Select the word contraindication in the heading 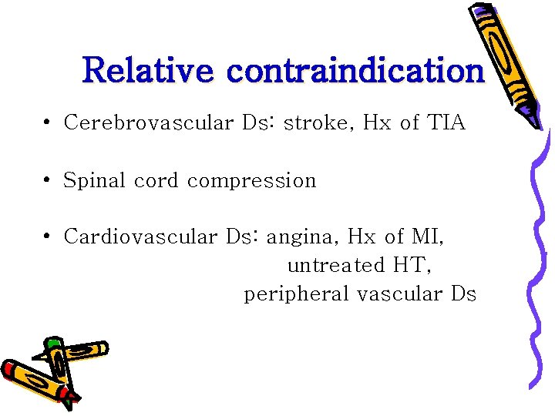(355, 70)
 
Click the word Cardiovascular (141, 237)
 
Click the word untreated (335, 266)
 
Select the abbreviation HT (410, 266)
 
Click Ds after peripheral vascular (462, 294)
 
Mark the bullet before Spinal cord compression (48, 181)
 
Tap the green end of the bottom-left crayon (53, 344)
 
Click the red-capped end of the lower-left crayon (9, 369)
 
